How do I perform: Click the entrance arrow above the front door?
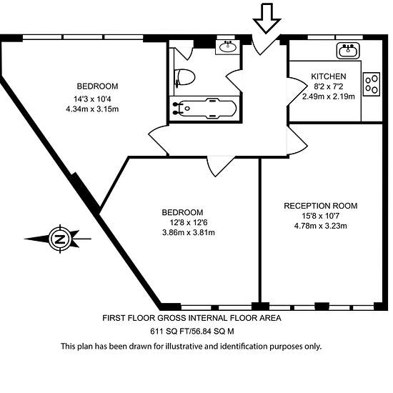267,18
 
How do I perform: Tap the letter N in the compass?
60,239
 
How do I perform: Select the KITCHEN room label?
329,76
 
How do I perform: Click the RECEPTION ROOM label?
321,206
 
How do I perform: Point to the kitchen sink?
348,51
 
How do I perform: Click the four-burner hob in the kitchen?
372,84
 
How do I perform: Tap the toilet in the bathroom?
185,77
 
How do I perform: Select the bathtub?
204,109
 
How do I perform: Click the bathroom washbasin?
227,47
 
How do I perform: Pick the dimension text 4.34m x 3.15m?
92,109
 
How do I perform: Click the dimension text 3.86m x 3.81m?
189,233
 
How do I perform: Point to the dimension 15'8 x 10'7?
321,216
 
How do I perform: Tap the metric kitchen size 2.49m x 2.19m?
329,96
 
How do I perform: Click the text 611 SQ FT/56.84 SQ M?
192,332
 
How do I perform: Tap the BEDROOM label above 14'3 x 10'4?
97,86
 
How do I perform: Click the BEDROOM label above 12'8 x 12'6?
182,212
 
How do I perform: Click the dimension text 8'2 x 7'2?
329,86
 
